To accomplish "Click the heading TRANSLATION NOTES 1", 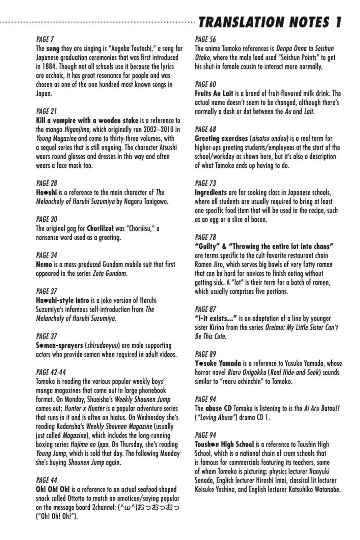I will coord(270,22).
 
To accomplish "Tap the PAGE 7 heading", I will coord(45,39).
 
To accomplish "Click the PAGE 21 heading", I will coord(46,111).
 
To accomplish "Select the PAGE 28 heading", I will coord(47,183).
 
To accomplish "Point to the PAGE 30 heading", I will coord(47,219).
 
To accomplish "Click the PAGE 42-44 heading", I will coord(51,372).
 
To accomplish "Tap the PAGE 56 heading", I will coord(205,39).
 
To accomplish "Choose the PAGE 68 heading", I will coord(205,129).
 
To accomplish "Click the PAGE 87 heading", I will coord(205,309).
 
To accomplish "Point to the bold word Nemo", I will coord(44,264).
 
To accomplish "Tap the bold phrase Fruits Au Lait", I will coord(214,93).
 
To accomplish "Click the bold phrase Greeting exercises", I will coord(221,138).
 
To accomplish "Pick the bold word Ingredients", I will coord(211,192).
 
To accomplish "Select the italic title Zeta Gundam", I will coord(110,273).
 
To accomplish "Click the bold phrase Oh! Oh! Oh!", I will coord(53,489).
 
